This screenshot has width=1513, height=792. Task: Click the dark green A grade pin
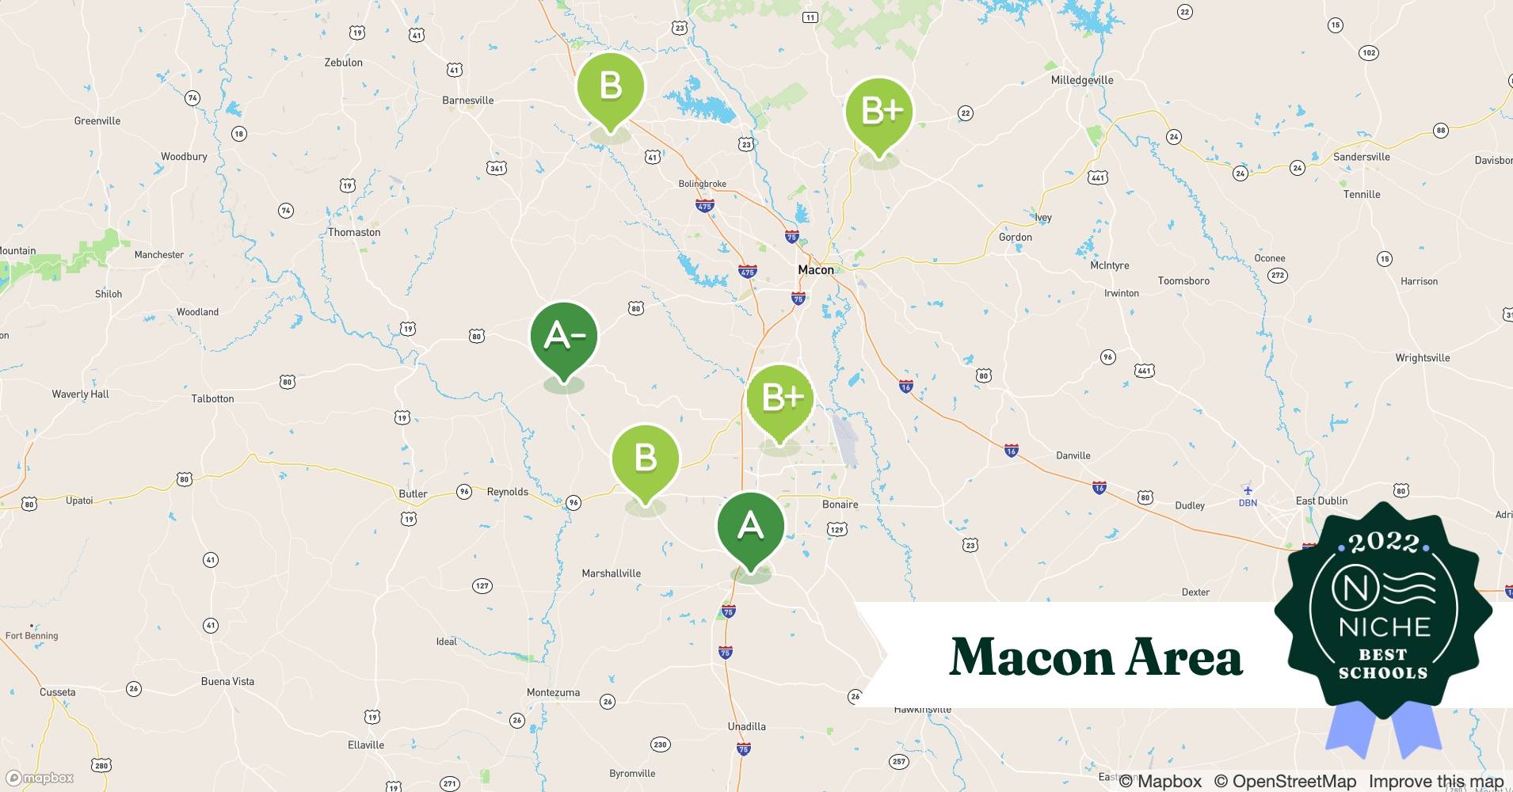click(x=750, y=526)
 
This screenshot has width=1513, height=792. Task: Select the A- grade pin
click(x=563, y=337)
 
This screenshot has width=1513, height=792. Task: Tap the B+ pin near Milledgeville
click(x=878, y=112)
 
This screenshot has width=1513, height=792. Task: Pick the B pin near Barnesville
click(x=610, y=86)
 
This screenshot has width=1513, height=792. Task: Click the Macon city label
click(x=815, y=270)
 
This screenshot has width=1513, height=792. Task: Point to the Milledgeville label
click(x=1081, y=80)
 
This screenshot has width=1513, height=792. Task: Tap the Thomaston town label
click(x=354, y=232)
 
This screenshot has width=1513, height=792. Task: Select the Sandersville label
click(x=1361, y=157)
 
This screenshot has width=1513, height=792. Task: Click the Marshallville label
click(x=611, y=573)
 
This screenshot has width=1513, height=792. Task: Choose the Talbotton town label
click(x=212, y=398)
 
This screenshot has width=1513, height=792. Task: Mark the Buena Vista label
click(x=227, y=681)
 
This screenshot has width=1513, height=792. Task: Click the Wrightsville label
click(x=1422, y=358)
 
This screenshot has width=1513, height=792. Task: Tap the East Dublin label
click(x=1321, y=501)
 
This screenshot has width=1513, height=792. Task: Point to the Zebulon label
click(x=343, y=63)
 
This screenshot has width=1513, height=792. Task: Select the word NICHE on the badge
click(x=1384, y=627)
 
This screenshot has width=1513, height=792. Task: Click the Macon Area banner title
click(x=1096, y=657)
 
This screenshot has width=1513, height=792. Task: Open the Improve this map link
click(x=1435, y=782)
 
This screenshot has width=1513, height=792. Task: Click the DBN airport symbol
click(x=1248, y=490)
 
